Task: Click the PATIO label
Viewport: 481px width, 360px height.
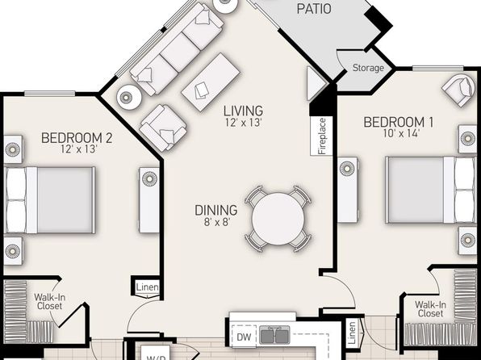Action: [314, 9]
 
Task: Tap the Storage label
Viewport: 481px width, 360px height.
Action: [368, 68]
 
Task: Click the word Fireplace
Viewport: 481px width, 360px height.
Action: [322, 136]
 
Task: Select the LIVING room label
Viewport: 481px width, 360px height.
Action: [243, 111]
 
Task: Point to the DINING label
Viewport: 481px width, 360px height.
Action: [216, 210]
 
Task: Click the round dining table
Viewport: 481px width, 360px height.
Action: [278, 219]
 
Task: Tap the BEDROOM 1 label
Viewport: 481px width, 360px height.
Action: [399, 122]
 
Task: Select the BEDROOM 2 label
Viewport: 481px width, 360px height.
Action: [77, 138]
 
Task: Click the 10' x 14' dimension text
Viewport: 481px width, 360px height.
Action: [401, 133]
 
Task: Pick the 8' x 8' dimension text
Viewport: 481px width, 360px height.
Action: [217, 222]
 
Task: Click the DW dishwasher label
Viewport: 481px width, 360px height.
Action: [245, 337]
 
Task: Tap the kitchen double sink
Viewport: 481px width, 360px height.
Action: [274, 335]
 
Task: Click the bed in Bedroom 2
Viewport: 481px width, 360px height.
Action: [50, 200]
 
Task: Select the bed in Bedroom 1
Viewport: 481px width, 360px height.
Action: [431, 190]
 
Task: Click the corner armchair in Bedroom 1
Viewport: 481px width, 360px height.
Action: [459, 90]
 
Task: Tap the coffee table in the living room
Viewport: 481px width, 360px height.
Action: [211, 82]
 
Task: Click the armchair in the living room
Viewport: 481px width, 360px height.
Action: [162, 128]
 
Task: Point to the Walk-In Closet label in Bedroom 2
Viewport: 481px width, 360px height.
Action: [49, 301]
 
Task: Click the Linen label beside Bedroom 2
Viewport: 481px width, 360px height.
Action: [147, 287]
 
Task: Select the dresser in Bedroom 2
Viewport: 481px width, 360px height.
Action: [149, 200]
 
